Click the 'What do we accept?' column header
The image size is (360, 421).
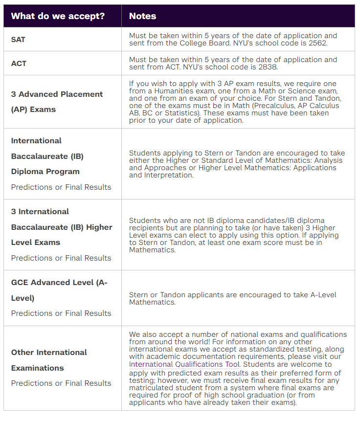point(58,16)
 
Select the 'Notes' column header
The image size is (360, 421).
point(142,16)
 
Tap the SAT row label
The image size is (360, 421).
point(18,39)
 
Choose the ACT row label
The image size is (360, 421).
point(19,63)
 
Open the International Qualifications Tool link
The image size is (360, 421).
point(184,364)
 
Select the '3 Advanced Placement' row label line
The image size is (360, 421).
point(57,94)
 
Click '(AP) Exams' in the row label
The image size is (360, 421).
point(33,109)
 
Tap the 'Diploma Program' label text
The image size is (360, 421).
point(45,171)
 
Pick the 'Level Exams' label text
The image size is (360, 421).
point(36,242)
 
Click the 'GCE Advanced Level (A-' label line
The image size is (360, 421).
point(59,282)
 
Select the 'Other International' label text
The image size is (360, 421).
point(49,352)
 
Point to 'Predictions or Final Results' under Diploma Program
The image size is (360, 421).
point(61,187)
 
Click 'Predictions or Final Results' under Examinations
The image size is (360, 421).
point(61,383)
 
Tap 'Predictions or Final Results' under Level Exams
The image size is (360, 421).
point(61,258)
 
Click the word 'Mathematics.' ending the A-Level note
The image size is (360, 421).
point(152,302)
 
